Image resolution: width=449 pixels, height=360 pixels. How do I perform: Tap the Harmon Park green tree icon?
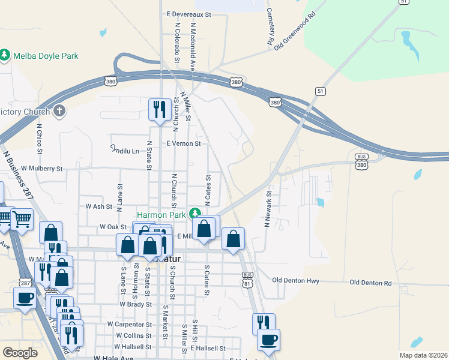(x=194, y=214)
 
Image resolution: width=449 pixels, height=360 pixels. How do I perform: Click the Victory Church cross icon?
(x=58, y=110)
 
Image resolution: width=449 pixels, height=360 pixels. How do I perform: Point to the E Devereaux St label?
(x=190, y=13)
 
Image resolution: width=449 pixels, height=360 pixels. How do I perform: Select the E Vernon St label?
(x=183, y=144)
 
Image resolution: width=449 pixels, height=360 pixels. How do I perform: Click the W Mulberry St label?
(x=41, y=169)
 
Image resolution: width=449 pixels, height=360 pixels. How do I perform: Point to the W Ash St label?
(x=99, y=206)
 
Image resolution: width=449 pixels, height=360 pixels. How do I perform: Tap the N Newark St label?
(x=268, y=205)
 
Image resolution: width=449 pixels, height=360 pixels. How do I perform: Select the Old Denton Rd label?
(x=370, y=282)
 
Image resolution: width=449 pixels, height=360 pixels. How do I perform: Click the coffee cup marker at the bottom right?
(x=268, y=340)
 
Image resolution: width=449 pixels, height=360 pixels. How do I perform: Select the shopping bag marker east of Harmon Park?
(x=233, y=239)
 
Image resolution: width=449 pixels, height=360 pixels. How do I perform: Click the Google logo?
(x=20, y=353)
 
